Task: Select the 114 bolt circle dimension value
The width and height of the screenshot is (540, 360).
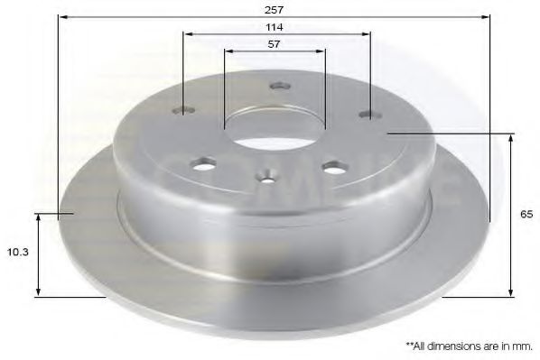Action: [275, 27]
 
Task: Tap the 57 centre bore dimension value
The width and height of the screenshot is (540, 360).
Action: [275, 44]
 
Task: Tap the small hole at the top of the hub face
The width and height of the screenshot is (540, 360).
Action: [278, 87]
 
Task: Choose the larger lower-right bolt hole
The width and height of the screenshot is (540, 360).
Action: [335, 168]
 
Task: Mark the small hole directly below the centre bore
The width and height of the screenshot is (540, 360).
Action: [267, 177]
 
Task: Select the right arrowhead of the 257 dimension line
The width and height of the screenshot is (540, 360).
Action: [486, 16]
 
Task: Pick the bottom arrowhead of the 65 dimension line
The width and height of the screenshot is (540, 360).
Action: [512, 292]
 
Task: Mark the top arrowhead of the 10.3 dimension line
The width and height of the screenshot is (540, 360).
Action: [38, 217]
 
